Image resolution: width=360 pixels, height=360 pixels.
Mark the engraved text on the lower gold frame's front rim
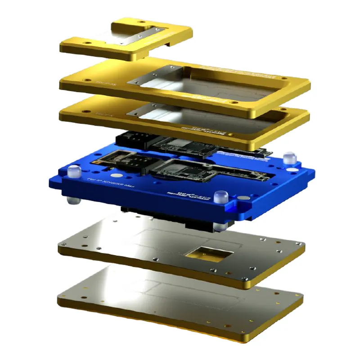pyautogui.click(x=205, y=130)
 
